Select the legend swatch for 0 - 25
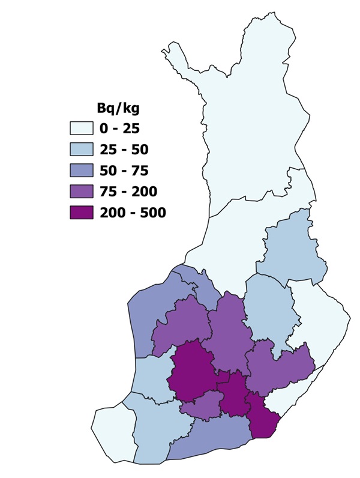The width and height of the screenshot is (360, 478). point(80,129)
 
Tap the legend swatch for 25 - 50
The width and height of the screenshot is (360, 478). point(80,150)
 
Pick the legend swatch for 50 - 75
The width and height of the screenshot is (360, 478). point(80,171)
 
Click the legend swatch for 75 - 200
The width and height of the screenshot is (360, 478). point(80,192)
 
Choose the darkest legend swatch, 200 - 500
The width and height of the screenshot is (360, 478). point(80,213)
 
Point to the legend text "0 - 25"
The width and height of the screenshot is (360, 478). point(122,129)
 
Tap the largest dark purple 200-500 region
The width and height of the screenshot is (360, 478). point(192,375)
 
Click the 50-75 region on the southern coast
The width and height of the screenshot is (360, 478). point(210,441)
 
